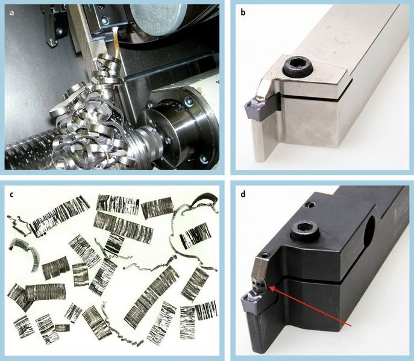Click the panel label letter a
[11, 13]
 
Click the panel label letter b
[243, 12]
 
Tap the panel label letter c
[11, 194]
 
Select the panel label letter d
[243, 194]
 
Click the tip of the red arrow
[269, 286]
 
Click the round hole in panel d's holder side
[370, 232]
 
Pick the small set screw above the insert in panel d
[265, 255]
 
